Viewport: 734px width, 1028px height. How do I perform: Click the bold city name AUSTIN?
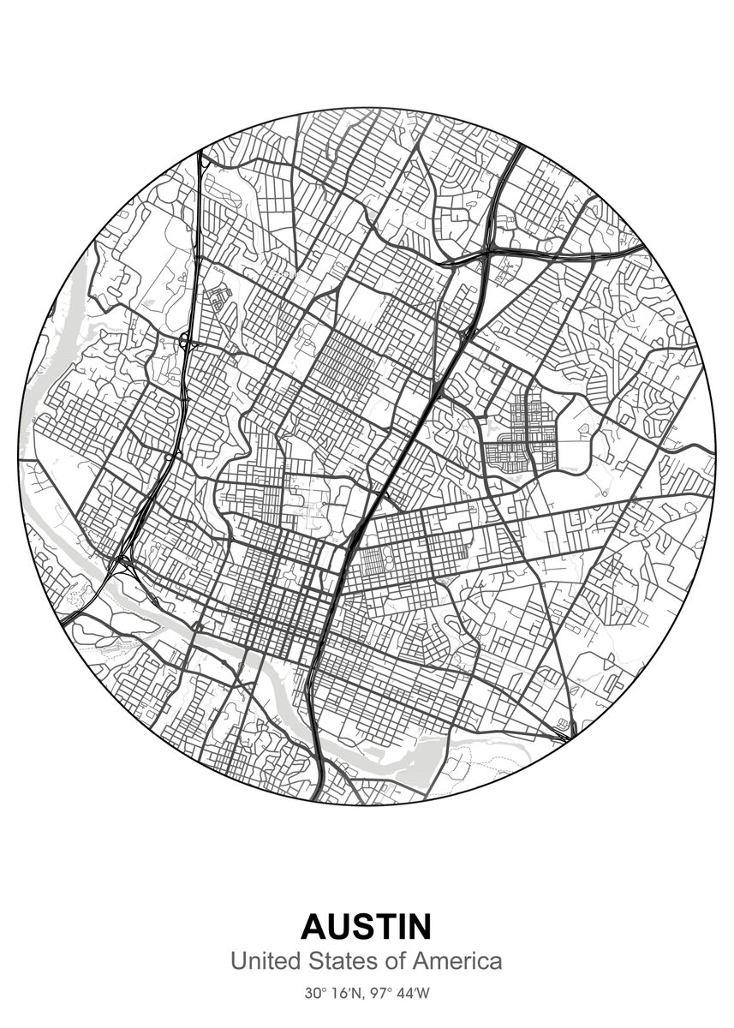367,927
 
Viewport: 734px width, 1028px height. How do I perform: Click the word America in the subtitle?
456,961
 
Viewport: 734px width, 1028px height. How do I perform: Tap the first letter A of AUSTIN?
315,927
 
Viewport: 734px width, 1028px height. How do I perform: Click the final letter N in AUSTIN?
417,927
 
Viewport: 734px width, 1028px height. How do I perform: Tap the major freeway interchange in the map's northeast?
485,254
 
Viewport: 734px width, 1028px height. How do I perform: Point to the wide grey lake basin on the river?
420,754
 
